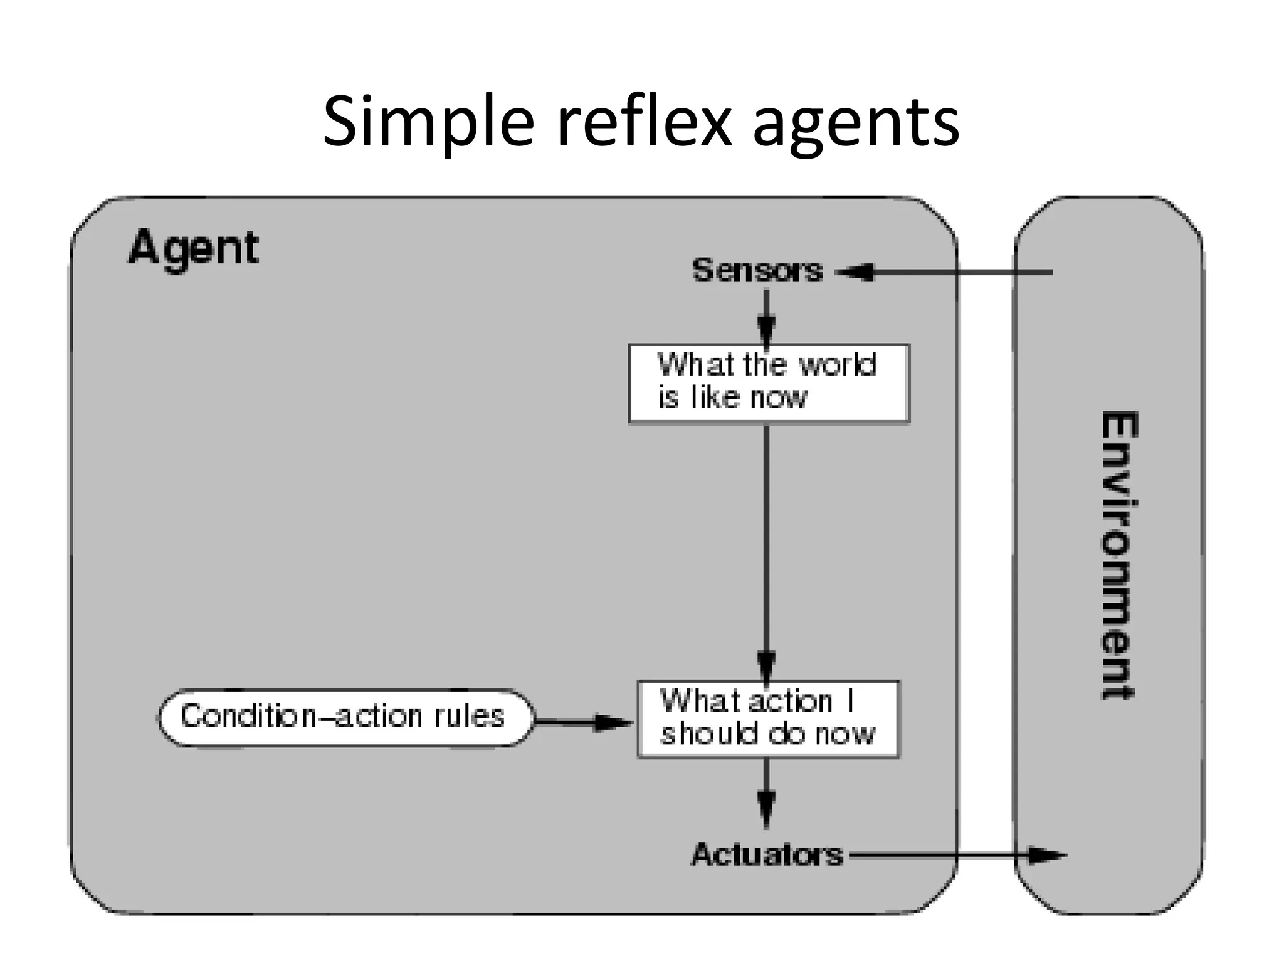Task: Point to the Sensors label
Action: click(x=757, y=270)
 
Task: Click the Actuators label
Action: click(x=767, y=855)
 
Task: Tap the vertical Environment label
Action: click(x=1119, y=555)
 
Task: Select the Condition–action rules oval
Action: click(x=345, y=717)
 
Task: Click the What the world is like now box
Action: click(x=769, y=383)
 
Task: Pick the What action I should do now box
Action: click(x=768, y=719)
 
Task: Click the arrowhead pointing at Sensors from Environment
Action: click(x=855, y=272)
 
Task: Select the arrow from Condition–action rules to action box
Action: click(x=583, y=722)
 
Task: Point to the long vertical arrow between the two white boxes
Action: click(x=766, y=545)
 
